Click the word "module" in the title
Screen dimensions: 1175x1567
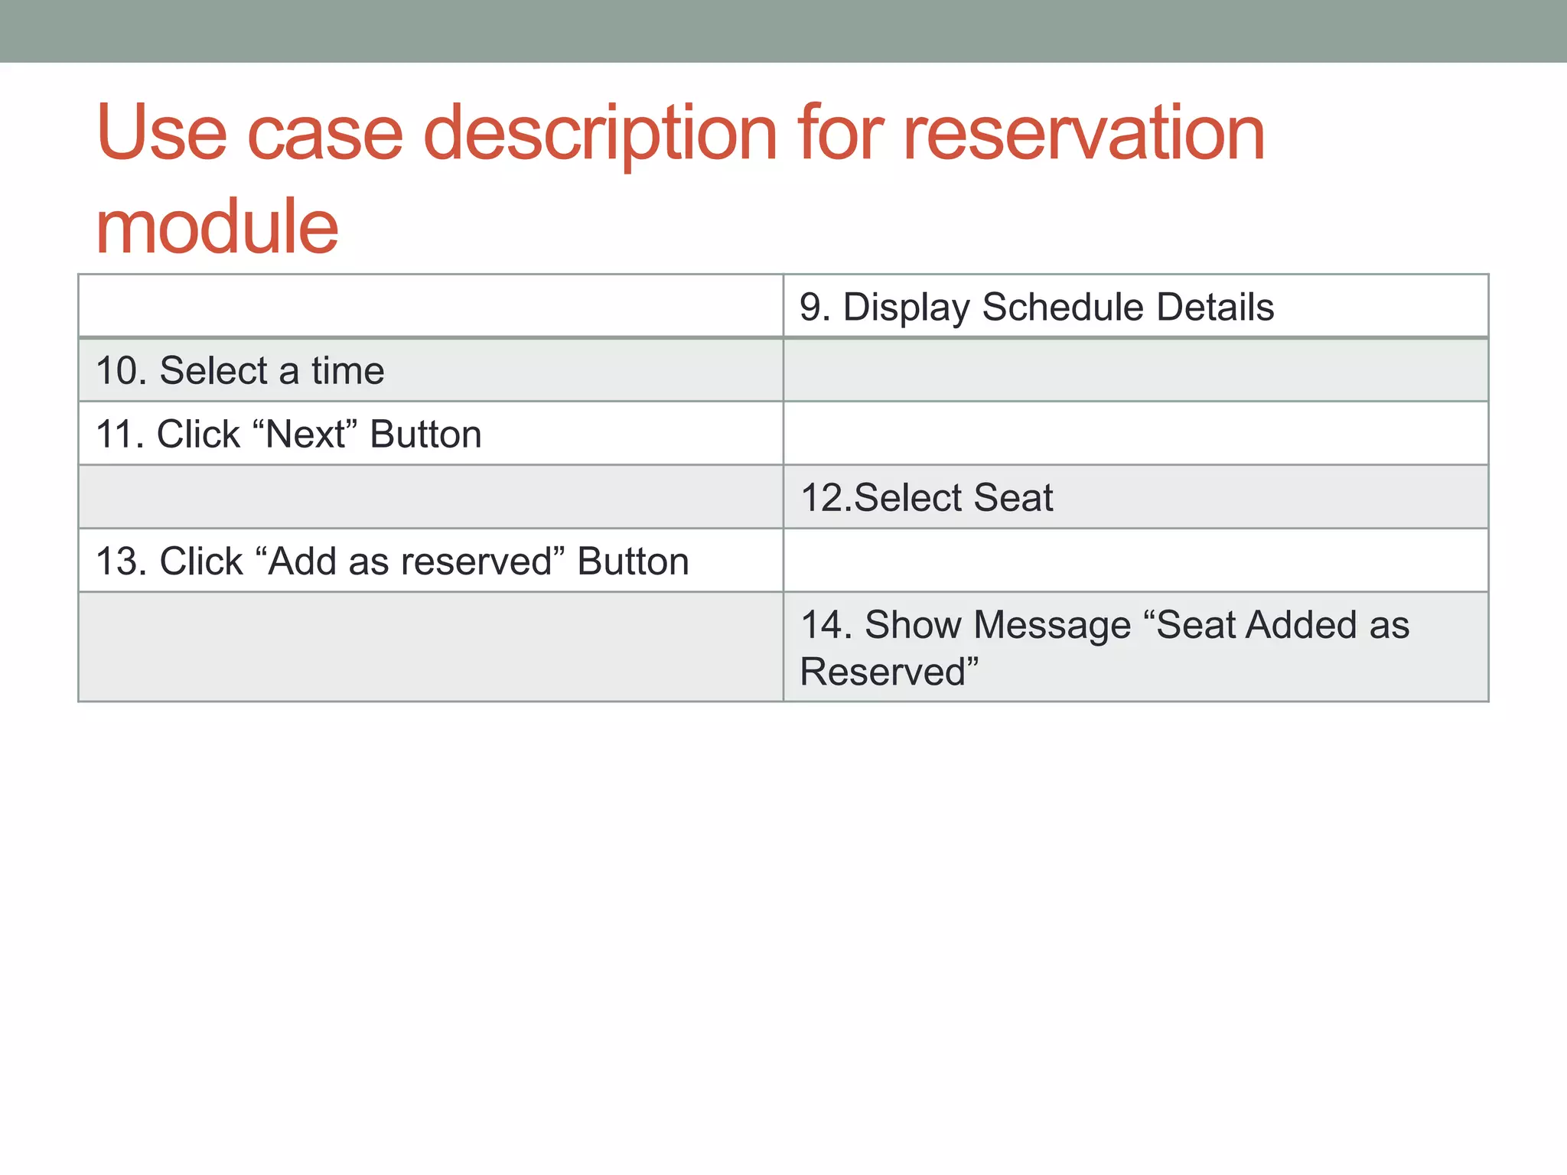217,227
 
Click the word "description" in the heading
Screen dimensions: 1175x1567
600,135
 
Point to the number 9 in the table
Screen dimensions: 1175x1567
813,308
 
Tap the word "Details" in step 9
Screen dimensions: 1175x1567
1215,308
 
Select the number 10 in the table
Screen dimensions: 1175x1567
119,371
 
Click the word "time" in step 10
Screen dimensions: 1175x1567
347,371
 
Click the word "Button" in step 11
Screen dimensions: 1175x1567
425,435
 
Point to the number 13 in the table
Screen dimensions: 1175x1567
119,561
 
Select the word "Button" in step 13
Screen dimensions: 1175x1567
633,561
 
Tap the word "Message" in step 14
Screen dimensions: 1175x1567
1052,625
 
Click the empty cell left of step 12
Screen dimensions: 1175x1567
430,497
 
